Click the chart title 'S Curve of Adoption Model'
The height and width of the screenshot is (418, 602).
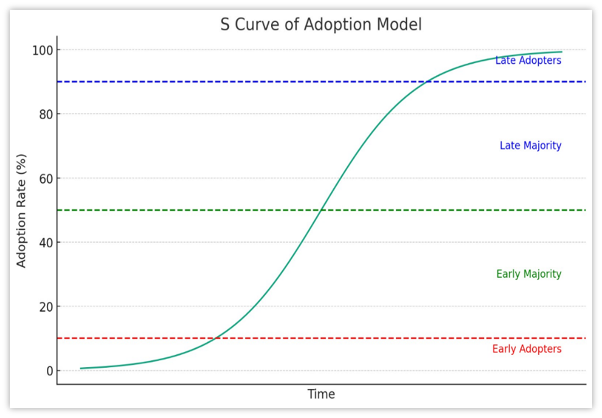[x=321, y=25]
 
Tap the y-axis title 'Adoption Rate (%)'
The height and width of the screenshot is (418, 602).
[x=21, y=210]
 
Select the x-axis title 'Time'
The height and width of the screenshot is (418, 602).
[x=321, y=394]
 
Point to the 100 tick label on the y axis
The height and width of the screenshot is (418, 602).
[x=42, y=50]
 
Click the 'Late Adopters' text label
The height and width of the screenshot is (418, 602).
[x=528, y=61]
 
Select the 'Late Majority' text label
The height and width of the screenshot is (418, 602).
[x=530, y=146]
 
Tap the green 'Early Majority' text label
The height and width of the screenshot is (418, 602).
[x=528, y=274]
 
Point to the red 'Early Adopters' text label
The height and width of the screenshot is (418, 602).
[x=527, y=349]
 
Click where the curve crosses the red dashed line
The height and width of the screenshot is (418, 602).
[x=216, y=338]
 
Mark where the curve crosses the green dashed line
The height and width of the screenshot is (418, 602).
[x=321, y=210]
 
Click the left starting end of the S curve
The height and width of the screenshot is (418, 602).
[x=81, y=368]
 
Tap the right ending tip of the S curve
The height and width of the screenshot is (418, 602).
[x=561, y=52]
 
